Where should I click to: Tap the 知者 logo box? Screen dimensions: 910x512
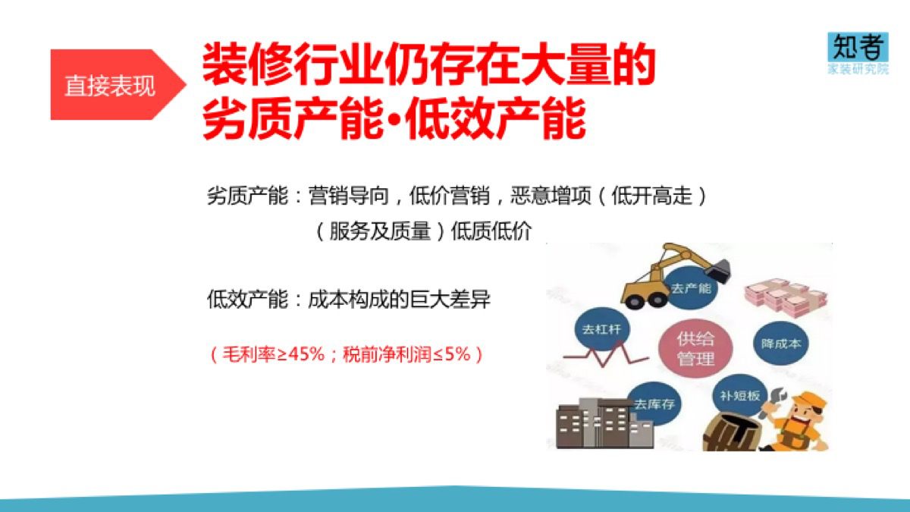click(858, 47)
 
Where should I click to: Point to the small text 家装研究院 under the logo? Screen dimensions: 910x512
click(858, 69)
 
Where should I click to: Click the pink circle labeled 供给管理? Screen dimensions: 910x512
click(695, 349)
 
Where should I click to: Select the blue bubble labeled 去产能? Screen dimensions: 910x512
click(691, 288)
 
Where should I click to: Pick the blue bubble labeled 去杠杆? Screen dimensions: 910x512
click(602, 328)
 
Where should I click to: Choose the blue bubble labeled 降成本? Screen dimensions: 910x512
click(781, 344)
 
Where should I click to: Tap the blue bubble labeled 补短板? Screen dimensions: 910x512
click(740, 395)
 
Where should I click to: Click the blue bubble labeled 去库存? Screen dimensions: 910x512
click(654, 404)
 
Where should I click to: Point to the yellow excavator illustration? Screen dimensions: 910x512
click(675, 275)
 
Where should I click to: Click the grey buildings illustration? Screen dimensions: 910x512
click(604, 423)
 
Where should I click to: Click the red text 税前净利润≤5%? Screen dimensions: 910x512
click(406, 354)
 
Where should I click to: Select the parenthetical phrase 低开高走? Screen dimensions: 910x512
click(651, 196)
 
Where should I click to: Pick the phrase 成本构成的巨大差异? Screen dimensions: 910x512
click(400, 300)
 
